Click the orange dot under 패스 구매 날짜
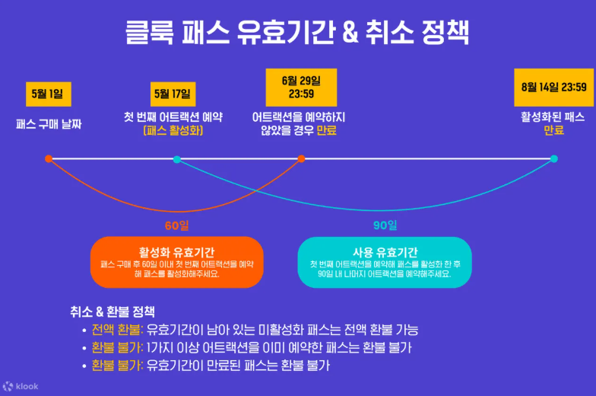(49, 158)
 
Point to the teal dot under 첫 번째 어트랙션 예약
(176, 159)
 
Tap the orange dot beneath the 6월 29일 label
(301, 158)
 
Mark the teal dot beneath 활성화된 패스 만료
(553, 158)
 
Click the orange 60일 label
(176, 225)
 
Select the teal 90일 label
(385, 225)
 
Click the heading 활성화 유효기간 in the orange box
(176, 251)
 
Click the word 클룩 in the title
(150, 33)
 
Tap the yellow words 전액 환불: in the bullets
(117, 330)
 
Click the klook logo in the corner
(21, 386)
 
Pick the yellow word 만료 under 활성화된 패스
(553, 130)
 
